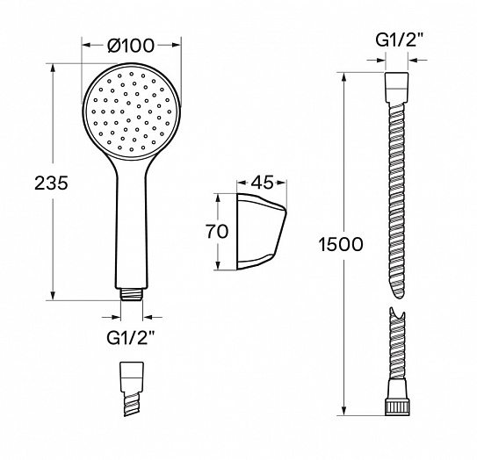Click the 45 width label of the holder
click(263, 183)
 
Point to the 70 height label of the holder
click(216, 232)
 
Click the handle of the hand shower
click(132, 228)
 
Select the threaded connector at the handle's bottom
click(132, 293)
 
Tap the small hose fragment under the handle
click(132, 387)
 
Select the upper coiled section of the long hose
click(396, 193)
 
